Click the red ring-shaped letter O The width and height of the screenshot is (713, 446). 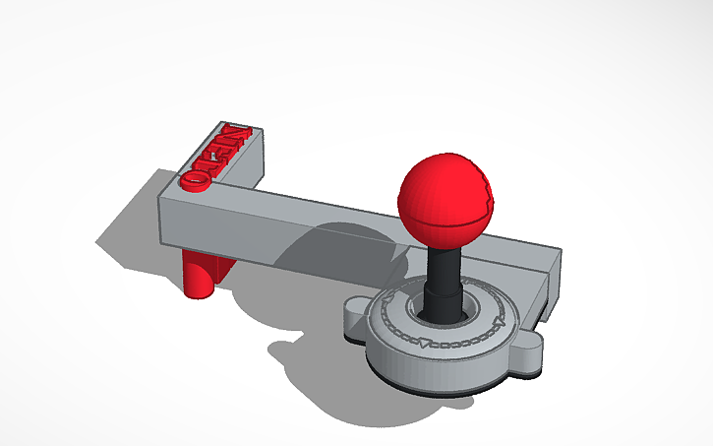tap(194, 182)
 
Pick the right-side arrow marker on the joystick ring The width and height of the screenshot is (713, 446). tap(499, 320)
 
